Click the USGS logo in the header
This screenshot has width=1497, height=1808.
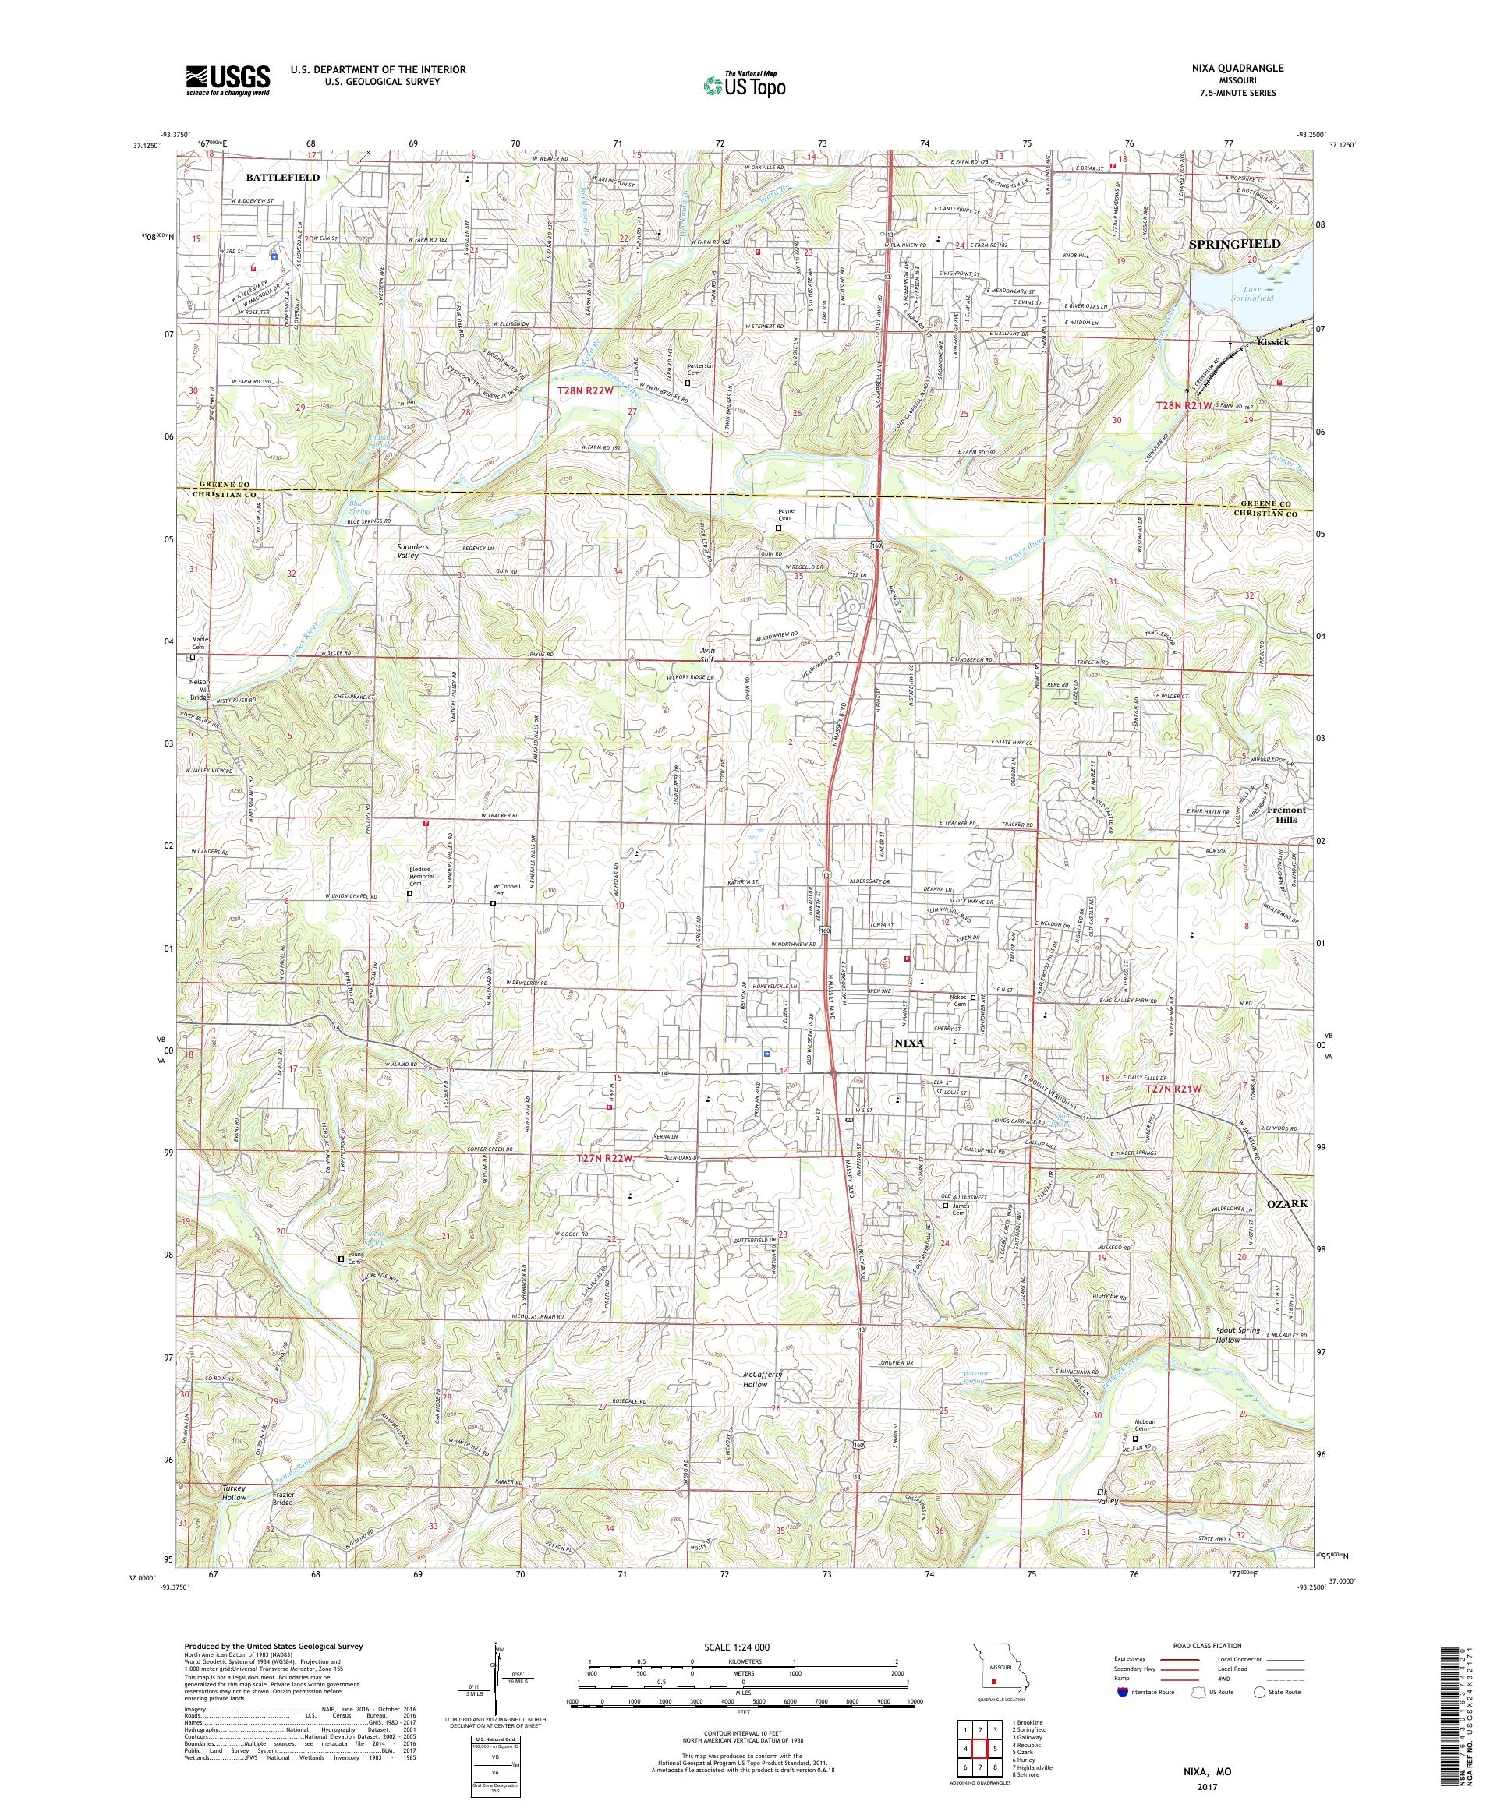pyautogui.click(x=228, y=81)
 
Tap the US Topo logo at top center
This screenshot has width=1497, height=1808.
pyautogui.click(x=745, y=83)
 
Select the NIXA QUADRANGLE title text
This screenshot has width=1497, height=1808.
pyautogui.click(x=1240, y=67)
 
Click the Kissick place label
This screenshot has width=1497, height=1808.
pyautogui.click(x=1272, y=342)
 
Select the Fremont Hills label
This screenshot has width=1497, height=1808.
pyautogui.click(x=1284, y=814)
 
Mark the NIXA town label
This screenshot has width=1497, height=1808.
pyautogui.click(x=908, y=1042)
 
